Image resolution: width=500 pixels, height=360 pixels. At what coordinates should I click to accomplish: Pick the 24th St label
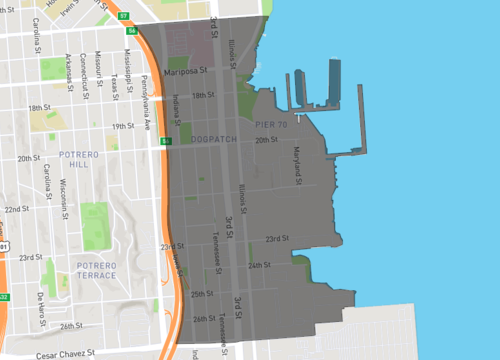coord(260,265)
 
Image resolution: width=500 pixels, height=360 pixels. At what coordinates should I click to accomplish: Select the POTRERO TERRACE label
coord(97,270)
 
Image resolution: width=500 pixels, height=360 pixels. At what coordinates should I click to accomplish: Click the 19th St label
coord(123,126)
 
